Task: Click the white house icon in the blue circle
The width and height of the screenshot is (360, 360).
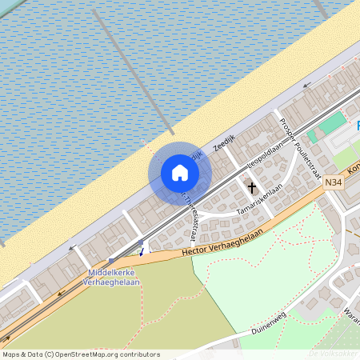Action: (180, 173)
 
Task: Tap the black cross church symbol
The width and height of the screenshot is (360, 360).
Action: (253, 189)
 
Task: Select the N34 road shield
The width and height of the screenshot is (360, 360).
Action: (334, 183)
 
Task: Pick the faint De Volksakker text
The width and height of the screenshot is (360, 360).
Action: (331, 354)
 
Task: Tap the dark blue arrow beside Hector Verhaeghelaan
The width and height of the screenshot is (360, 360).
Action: (142, 251)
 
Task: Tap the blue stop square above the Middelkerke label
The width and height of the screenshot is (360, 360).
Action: (110, 261)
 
